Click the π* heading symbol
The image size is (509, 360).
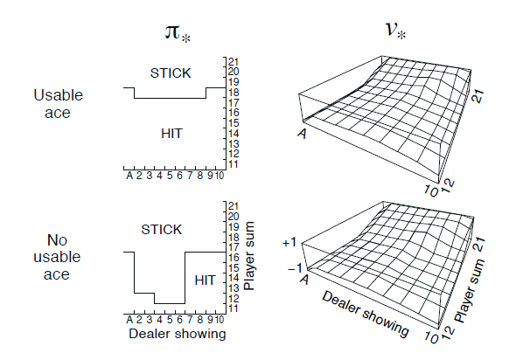[x=178, y=33]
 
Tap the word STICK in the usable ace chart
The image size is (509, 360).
[x=171, y=73]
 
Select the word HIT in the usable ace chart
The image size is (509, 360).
[x=171, y=134]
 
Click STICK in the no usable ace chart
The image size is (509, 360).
[x=162, y=230]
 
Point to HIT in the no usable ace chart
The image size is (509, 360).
[x=205, y=280]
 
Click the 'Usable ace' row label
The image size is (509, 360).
[x=58, y=104]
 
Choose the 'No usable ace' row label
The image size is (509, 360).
[x=57, y=257]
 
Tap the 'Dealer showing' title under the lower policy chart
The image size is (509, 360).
[x=178, y=334]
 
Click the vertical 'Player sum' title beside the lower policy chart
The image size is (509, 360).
[x=249, y=256]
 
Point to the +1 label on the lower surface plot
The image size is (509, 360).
[x=289, y=242]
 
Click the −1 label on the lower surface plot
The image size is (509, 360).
[x=295, y=268]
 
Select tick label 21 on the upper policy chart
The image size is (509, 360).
[x=234, y=62]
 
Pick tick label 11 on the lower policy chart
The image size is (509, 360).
[x=234, y=308]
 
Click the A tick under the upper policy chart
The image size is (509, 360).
[x=129, y=176]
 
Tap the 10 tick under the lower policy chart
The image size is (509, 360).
[x=220, y=320]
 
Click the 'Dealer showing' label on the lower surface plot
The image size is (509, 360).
[x=366, y=314]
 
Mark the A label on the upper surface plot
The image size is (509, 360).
[x=303, y=133]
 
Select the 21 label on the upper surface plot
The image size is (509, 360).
[x=478, y=97]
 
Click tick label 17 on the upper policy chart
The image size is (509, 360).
[x=234, y=103]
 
